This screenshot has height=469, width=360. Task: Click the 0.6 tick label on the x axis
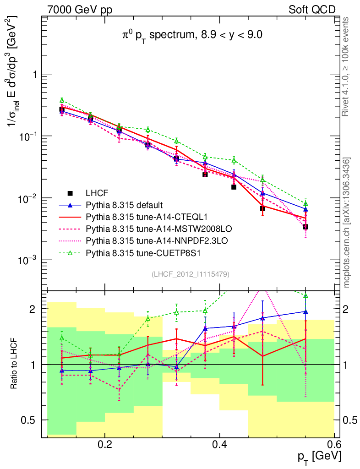click(x=334, y=444)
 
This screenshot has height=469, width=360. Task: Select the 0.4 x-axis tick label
click(x=220, y=444)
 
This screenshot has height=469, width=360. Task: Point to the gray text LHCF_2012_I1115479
click(x=191, y=274)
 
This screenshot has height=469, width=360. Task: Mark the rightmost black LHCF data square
click(x=305, y=227)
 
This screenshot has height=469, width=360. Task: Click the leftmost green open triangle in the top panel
click(x=62, y=100)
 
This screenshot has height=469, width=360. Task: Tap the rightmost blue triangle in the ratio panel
click(x=305, y=311)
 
